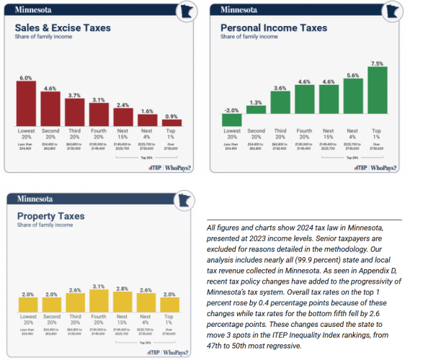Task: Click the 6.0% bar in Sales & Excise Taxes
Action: click(x=26, y=103)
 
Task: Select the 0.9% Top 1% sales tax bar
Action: click(x=172, y=122)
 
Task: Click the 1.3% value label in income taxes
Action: click(x=254, y=103)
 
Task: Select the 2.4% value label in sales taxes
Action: click(x=123, y=105)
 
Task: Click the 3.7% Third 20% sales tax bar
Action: click(x=74, y=112)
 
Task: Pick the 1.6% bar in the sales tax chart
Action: click(x=148, y=120)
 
